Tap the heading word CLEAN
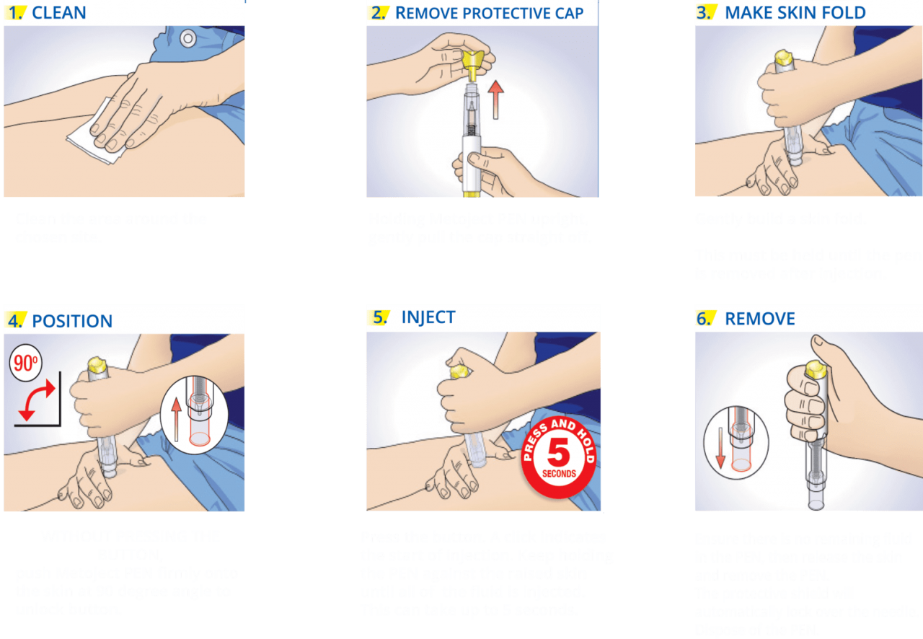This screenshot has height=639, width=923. tap(59, 13)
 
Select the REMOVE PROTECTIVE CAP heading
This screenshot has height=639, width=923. tap(489, 13)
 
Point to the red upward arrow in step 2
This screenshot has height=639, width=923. tap(495, 100)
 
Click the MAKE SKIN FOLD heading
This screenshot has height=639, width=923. tap(795, 13)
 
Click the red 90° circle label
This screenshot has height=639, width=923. tap(25, 363)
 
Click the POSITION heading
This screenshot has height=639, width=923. tap(72, 321)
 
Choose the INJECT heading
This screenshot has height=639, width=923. tap(428, 317)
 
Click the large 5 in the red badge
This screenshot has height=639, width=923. tap(559, 453)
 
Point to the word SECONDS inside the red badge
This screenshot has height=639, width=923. tap(559, 474)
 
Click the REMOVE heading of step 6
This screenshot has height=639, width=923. tap(759, 319)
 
